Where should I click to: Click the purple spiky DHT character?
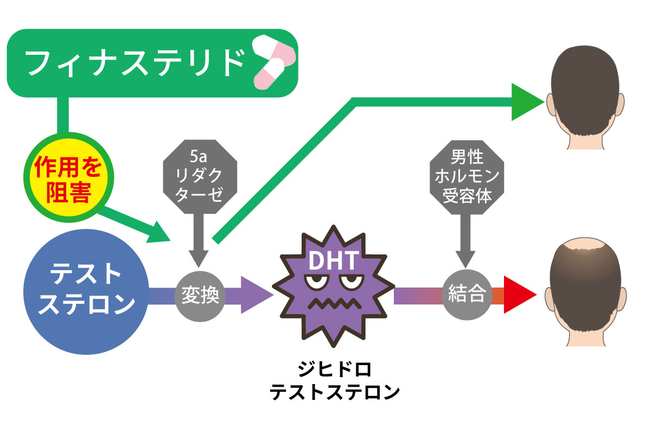tap(332, 293)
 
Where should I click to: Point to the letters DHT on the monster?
tap(332, 261)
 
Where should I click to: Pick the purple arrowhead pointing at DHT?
tap(255, 295)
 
